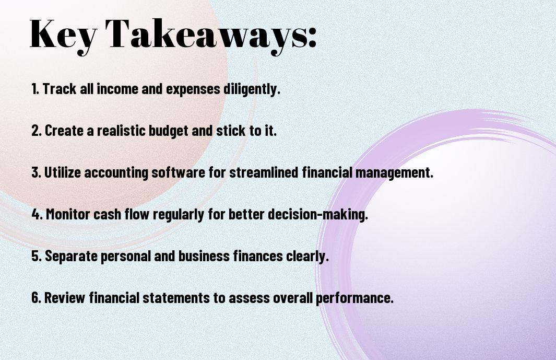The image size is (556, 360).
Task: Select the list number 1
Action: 35,89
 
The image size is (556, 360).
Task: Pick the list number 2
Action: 36,131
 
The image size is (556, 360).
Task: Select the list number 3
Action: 36,172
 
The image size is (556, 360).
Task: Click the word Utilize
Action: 63,172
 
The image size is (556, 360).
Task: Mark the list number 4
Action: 37,214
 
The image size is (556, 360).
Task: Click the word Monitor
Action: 68,214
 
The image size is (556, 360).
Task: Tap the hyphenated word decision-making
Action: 318,215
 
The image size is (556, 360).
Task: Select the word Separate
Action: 72,256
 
